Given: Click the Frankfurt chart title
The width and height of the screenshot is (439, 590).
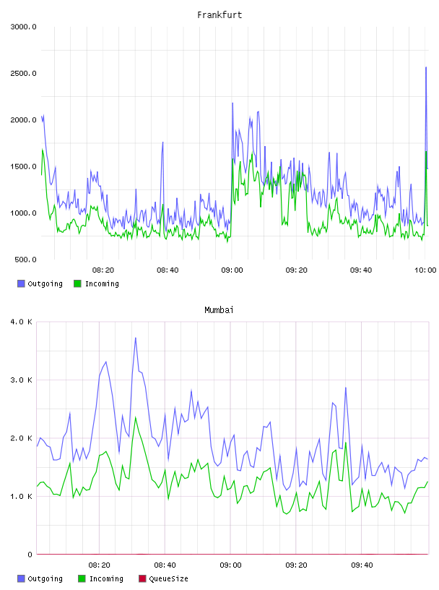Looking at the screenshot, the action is click(219, 15).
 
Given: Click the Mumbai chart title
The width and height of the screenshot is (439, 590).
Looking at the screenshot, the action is click(219, 310).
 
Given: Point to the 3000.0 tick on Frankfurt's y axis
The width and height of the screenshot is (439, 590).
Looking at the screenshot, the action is click(23, 27).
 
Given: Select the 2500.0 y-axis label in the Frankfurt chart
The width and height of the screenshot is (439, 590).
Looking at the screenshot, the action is click(23, 73).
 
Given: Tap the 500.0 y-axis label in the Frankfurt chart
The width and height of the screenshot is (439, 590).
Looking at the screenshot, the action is click(25, 260).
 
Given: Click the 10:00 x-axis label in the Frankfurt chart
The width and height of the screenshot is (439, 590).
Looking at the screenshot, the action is click(425, 270).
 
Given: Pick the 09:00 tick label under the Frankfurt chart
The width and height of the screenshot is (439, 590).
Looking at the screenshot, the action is click(232, 270).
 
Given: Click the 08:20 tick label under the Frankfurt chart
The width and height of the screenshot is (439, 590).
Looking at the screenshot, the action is click(103, 270).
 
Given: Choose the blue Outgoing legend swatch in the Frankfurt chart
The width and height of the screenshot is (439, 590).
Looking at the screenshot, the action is click(21, 283).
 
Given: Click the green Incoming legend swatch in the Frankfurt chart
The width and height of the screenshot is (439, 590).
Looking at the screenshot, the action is click(77, 283).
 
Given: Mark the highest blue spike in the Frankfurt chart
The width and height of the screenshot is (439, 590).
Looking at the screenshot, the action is click(426, 67).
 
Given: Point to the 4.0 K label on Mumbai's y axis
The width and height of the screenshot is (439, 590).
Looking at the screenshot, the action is click(22, 322).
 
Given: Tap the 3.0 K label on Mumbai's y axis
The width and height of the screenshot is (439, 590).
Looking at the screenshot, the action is click(22, 380).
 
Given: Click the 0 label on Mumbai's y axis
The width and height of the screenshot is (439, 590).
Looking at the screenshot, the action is click(30, 555).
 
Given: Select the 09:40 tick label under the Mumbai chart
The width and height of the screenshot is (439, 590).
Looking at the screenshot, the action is click(362, 565).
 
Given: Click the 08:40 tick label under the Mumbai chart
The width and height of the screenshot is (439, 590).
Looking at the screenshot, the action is click(165, 565).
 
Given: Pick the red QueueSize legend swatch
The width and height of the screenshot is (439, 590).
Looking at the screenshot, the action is click(142, 578).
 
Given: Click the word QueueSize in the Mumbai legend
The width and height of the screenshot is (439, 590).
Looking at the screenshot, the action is click(168, 578).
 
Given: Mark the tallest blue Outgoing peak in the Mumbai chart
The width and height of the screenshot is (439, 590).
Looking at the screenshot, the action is click(136, 338).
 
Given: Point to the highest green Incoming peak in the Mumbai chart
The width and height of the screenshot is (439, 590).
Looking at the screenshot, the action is click(136, 417).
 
